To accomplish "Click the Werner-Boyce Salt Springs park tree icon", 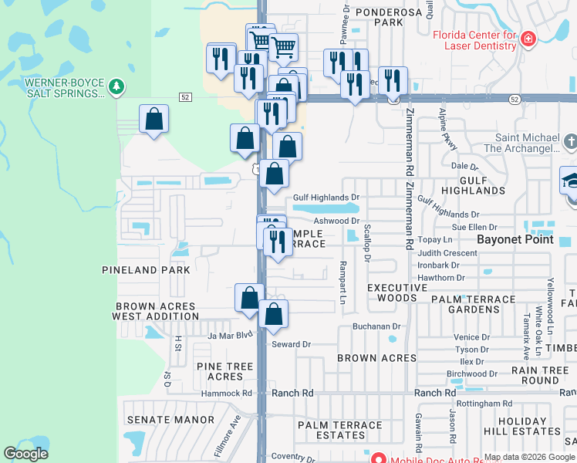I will coord(116,86).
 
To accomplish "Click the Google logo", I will coord(25,454).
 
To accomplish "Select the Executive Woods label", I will coord(397,292).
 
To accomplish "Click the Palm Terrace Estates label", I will coord(340,431).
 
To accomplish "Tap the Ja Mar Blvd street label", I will coord(230,335).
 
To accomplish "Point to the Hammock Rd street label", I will coord(227,393).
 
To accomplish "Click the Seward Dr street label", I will coord(291,344).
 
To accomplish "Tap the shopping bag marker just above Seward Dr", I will coord(273,314).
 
